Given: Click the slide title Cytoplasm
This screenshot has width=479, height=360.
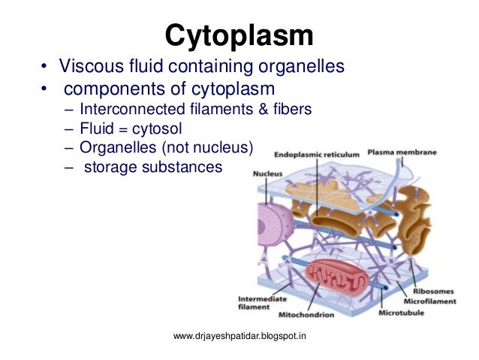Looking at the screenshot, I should [x=239, y=34].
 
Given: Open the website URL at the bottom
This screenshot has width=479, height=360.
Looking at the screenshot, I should [x=239, y=336].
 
